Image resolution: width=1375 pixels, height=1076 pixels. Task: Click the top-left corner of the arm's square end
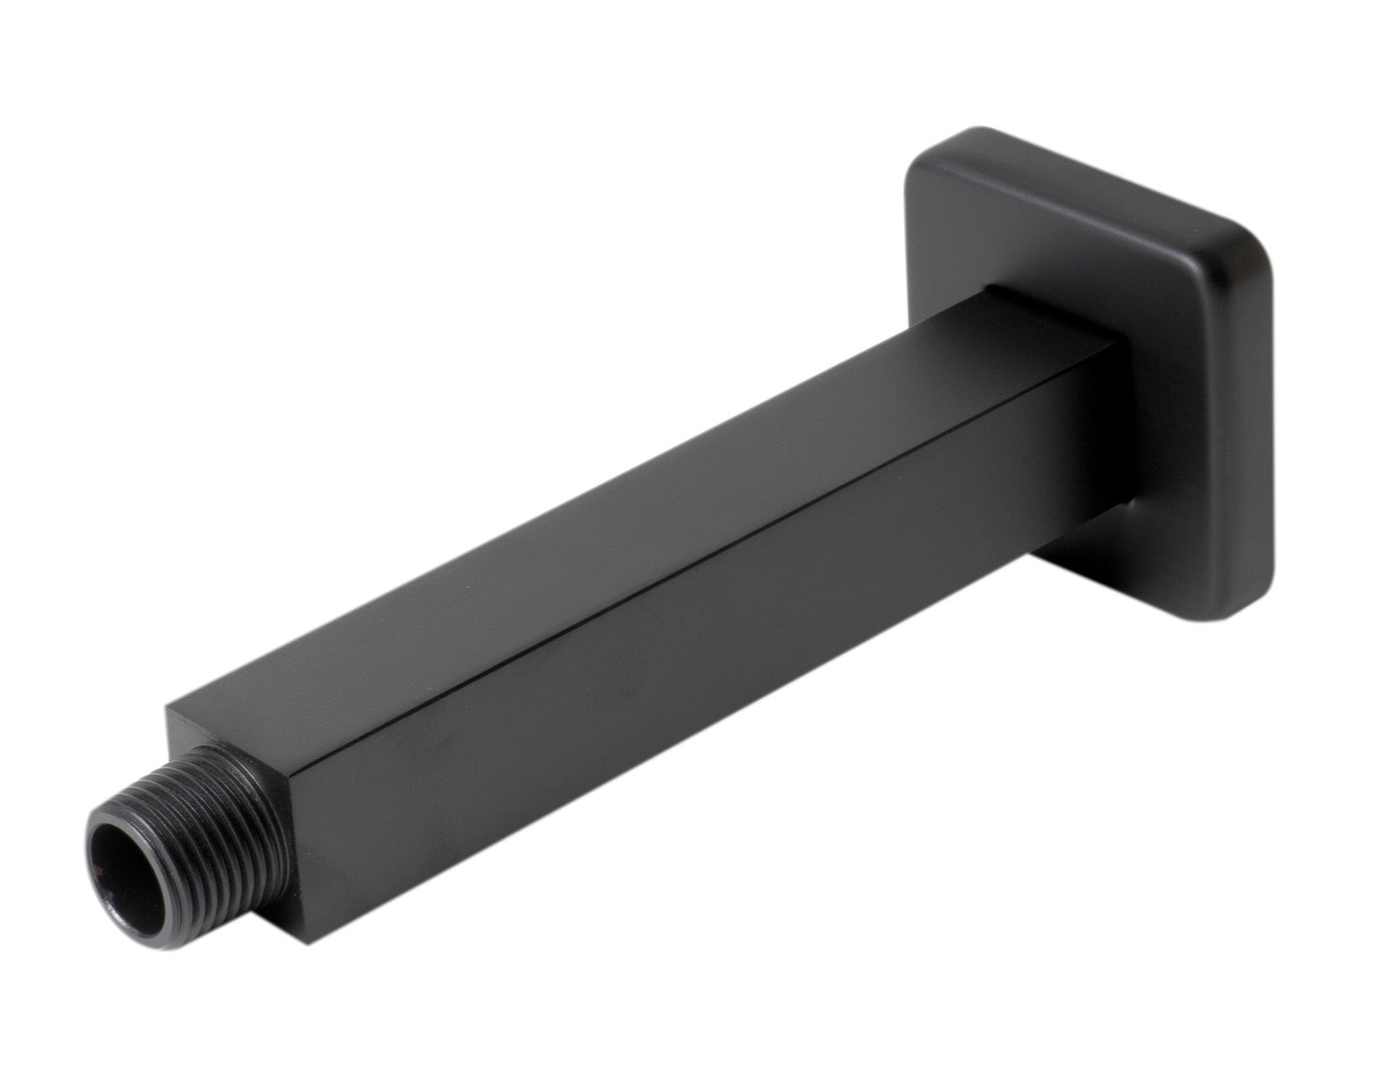click(x=169, y=709)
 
